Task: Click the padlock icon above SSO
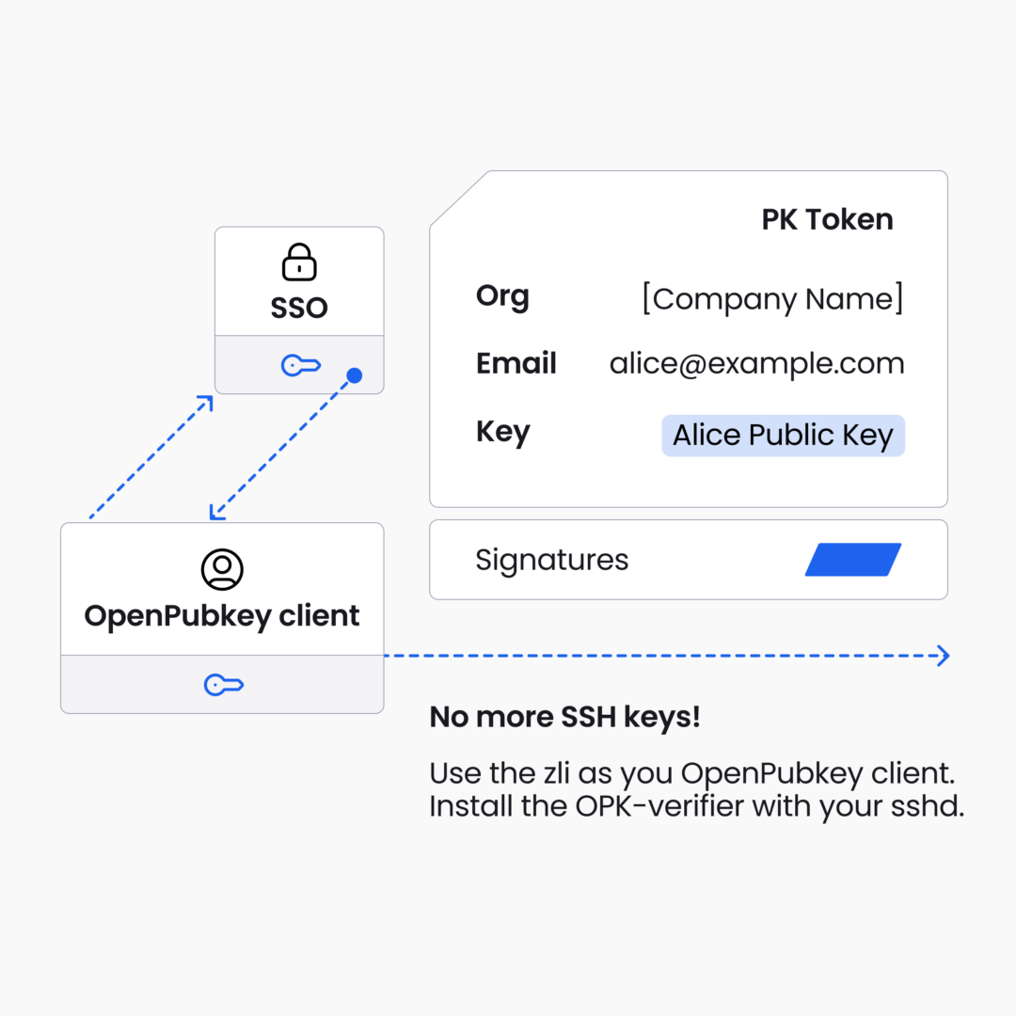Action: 299,262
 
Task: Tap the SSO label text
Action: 299,308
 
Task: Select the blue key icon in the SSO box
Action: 301,365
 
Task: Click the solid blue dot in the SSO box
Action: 355,375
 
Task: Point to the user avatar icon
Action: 222,569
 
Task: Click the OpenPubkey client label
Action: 222,616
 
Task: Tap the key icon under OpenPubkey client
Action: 224,685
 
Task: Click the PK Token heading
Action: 828,219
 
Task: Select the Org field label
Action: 502,297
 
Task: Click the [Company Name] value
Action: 773,299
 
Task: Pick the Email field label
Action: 516,363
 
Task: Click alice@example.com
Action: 756,364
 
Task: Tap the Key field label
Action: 503,432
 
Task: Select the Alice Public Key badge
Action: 784,436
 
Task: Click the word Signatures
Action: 552,561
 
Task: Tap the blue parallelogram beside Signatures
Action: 853,559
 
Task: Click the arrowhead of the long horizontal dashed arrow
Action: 945,656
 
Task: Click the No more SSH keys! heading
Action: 565,717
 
